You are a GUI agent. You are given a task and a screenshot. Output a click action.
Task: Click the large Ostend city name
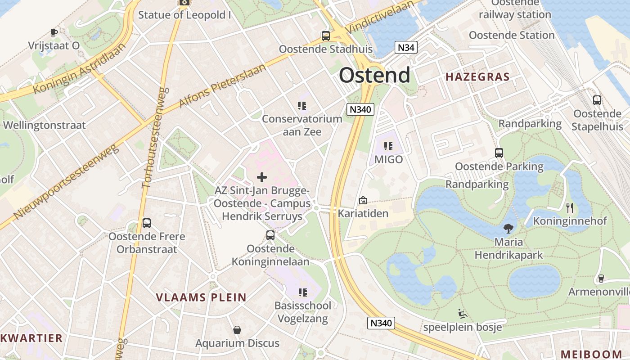(x=374, y=75)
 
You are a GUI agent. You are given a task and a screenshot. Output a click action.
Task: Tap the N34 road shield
(x=406, y=47)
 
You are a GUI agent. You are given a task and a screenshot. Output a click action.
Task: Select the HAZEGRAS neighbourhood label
(x=477, y=77)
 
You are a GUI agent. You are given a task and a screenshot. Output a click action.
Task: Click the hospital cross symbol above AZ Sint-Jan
(x=261, y=177)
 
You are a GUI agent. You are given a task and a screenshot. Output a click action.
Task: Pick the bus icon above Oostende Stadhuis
(x=325, y=36)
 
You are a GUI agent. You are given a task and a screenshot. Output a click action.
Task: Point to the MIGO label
(x=389, y=159)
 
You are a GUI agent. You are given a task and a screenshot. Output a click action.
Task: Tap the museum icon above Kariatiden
(x=363, y=200)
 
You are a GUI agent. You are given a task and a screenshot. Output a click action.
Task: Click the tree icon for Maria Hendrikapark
(x=508, y=228)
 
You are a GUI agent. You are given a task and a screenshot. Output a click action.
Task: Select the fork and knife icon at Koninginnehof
(x=570, y=207)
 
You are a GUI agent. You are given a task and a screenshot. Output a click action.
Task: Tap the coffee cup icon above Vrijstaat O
(x=54, y=32)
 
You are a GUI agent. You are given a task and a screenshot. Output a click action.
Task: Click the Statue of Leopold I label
(x=184, y=15)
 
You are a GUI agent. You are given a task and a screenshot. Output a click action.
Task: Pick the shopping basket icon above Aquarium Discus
(x=237, y=330)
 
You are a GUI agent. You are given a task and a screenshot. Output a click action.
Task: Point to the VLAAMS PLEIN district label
(x=201, y=297)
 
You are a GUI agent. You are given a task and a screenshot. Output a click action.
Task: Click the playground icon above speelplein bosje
(x=462, y=313)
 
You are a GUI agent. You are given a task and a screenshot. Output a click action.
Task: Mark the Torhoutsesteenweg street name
(x=154, y=138)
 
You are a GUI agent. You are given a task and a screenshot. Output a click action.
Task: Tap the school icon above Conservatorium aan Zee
(x=302, y=106)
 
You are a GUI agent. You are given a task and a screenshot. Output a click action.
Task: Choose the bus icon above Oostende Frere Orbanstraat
(x=147, y=223)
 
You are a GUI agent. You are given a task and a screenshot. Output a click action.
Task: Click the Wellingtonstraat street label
(x=44, y=125)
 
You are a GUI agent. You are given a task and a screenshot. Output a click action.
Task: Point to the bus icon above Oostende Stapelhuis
(x=597, y=100)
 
